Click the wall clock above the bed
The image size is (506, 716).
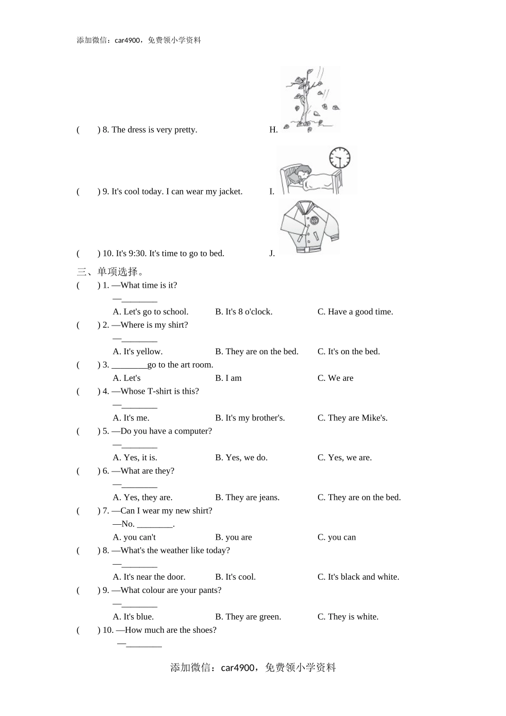tap(340, 158)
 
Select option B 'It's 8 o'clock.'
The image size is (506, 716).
tap(243, 312)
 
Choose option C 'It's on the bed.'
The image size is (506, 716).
tap(348, 352)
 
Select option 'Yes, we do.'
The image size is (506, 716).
tap(241, 458)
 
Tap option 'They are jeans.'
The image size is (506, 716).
tap(247, 498)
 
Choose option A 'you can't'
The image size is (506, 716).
tap(134, 538)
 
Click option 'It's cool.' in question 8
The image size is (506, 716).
tap(235, 577)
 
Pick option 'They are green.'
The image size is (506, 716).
tap(248, 617)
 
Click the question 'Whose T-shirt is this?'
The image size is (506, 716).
tap(159, 392)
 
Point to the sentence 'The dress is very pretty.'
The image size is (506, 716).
tap(154, 130)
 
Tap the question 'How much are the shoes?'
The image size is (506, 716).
tap(170, 630)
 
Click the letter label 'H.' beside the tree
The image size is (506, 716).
tap(273, 130)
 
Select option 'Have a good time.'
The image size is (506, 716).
tap(355, 312)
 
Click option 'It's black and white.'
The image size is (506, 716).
tap(358, 577)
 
